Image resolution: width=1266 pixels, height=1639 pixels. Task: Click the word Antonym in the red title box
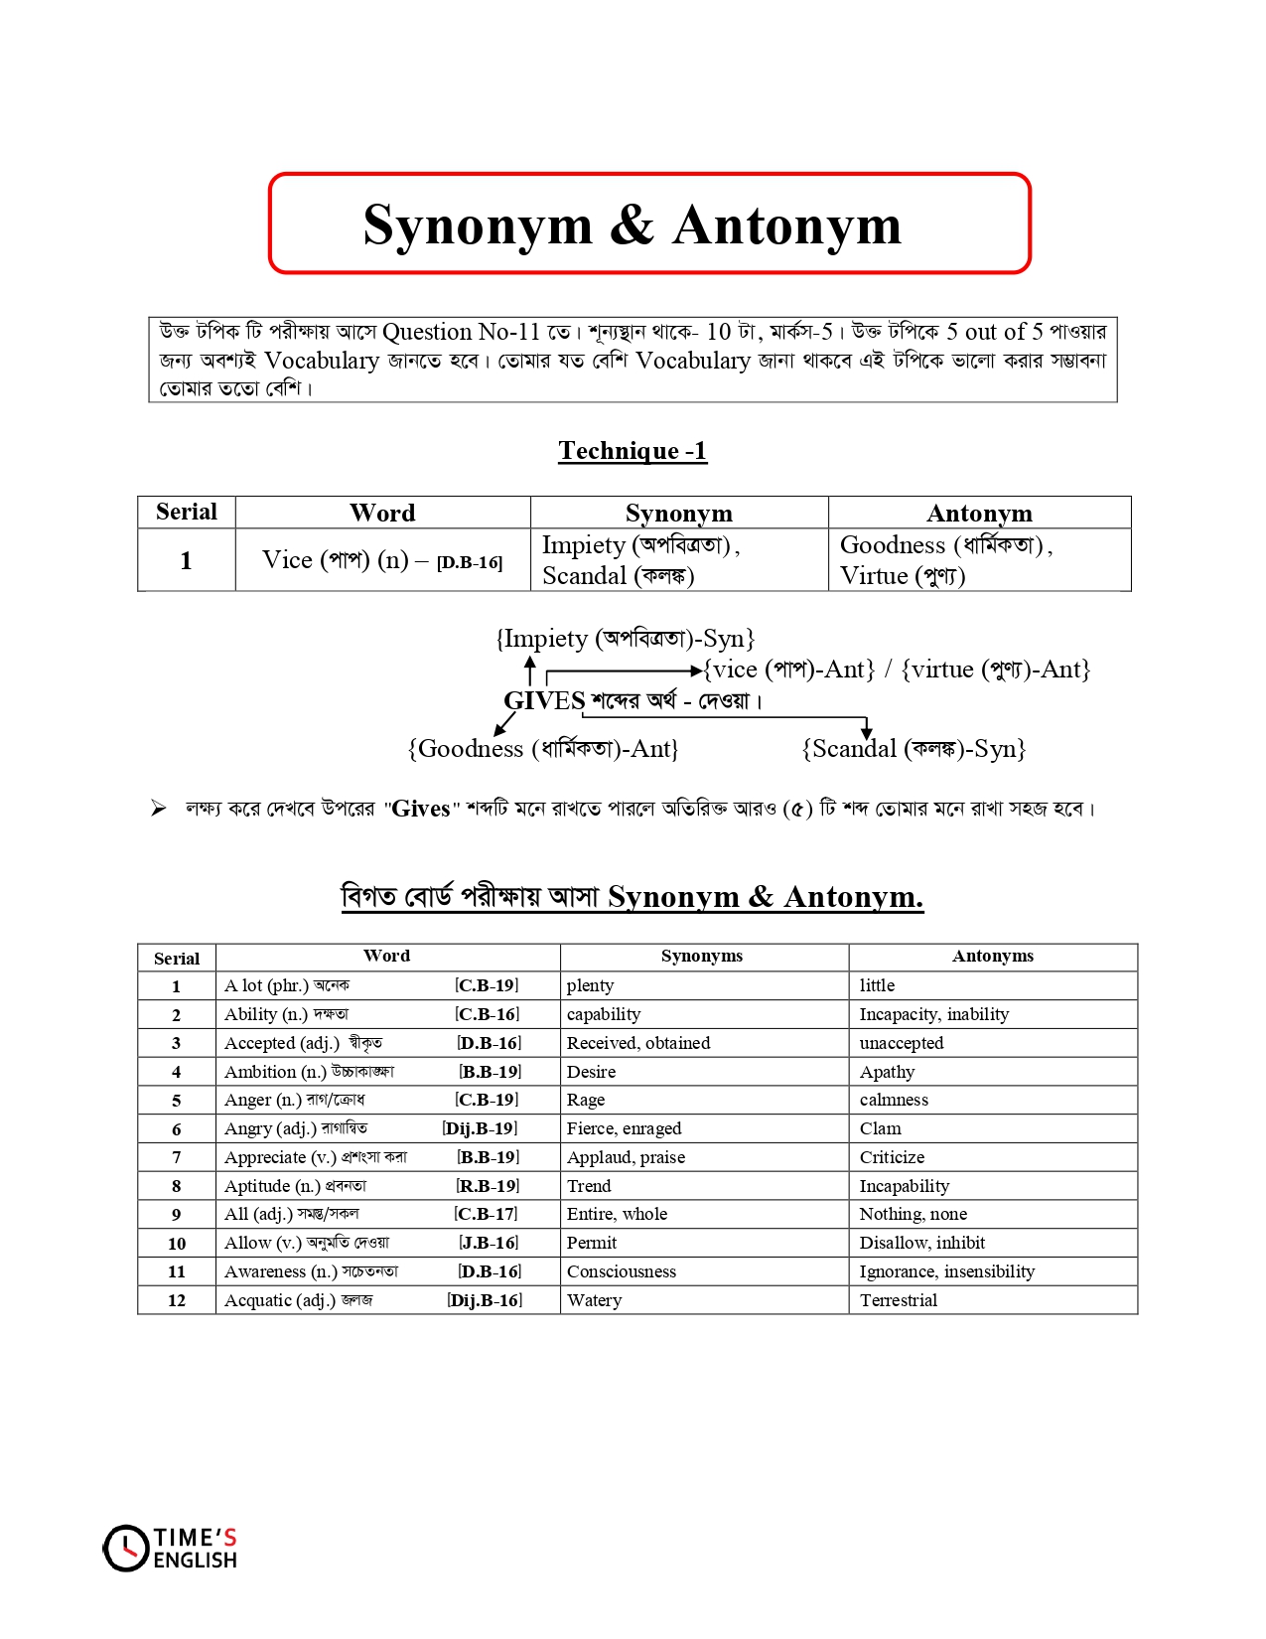tap(786, 225)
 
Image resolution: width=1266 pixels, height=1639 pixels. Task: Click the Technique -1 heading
tap(633, 451)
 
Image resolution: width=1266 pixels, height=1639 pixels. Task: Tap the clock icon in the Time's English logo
tap(126, 1548)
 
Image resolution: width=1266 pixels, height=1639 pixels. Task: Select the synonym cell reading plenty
tap(590, 985)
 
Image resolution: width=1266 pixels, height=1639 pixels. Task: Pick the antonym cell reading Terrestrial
tap(898, 1300)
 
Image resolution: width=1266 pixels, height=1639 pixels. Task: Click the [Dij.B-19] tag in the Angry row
tap(481, 1128)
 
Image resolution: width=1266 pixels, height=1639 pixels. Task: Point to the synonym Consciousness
tap(621, 1271)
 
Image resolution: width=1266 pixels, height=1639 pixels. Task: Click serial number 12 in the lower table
tap(177, 1300)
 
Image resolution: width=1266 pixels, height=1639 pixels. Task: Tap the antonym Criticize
tap(892, 1157)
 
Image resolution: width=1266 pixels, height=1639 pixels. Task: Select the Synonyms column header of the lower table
tap(701, 956)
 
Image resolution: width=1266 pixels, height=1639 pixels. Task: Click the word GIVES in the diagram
tap(544, 700)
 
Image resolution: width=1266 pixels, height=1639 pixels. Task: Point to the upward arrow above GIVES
tap(530, 669)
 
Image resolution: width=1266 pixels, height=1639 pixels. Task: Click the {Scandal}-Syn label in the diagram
tap(913, 749)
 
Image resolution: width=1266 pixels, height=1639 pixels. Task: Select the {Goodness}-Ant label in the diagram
tap(543, 749)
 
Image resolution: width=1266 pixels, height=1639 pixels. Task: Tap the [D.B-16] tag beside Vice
tap(469, 562)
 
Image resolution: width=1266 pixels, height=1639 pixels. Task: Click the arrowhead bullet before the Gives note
tap(159, 809)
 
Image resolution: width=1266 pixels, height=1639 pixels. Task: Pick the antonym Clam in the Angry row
tap(881, 1128)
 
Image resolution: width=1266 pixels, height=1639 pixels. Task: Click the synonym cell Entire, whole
tap(617, 1214)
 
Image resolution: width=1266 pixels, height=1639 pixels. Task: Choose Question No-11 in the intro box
tap(461, 332)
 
